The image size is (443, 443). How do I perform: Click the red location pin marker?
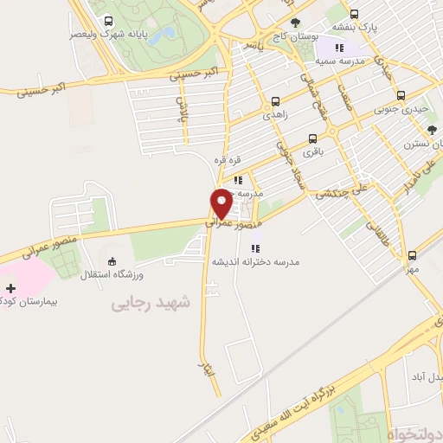pyautogui.click(x=221, y=203)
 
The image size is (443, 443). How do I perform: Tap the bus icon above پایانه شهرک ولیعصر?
pyautogui.click(x=107, y=22)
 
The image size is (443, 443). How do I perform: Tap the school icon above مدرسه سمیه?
pyautogui.click(x=339, y=48)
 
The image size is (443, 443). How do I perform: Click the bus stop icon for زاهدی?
pyautogui.click(x=276, y=100)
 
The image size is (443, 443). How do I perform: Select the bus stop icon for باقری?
pyautogui.click(x=311, y=137)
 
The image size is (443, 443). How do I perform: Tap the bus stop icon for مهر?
pyautogui.click(x=413, y=255)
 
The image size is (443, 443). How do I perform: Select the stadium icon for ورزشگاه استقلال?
pyautogui.click(x=111, y=261)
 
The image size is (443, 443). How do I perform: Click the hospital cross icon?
pyautogui.click(x=10, y=287)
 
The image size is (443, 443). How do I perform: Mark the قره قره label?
pyautogui.click(x=227, y=160)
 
